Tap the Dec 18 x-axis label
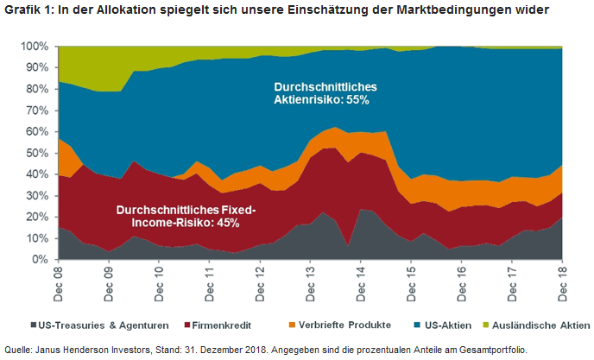click(x=562, y=281)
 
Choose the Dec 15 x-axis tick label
click(x=411, y=281)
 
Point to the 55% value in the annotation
click(x=357, y=100)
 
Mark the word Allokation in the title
click(x=151, y=11)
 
